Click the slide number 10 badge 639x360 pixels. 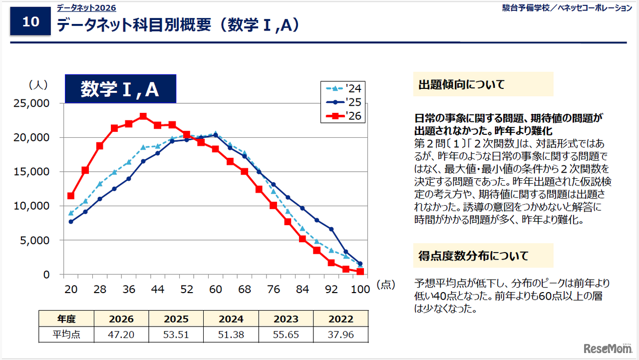[30, 22]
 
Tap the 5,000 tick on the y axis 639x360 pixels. [35, 240]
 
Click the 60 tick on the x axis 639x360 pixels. [216, 290]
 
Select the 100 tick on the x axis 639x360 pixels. [360, 290]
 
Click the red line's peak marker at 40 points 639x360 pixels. [143, 116]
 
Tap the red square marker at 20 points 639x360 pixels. [71, 196]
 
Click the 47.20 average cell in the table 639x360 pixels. [121, 335]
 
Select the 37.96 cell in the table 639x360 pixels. [340, 335]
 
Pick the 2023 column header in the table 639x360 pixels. [286, 319]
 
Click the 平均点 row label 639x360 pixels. [66, 335]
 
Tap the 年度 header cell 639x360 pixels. [66, 319]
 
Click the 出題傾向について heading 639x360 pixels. [461, 84]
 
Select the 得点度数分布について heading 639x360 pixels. [473, 256]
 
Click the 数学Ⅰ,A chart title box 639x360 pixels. [120, 89]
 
